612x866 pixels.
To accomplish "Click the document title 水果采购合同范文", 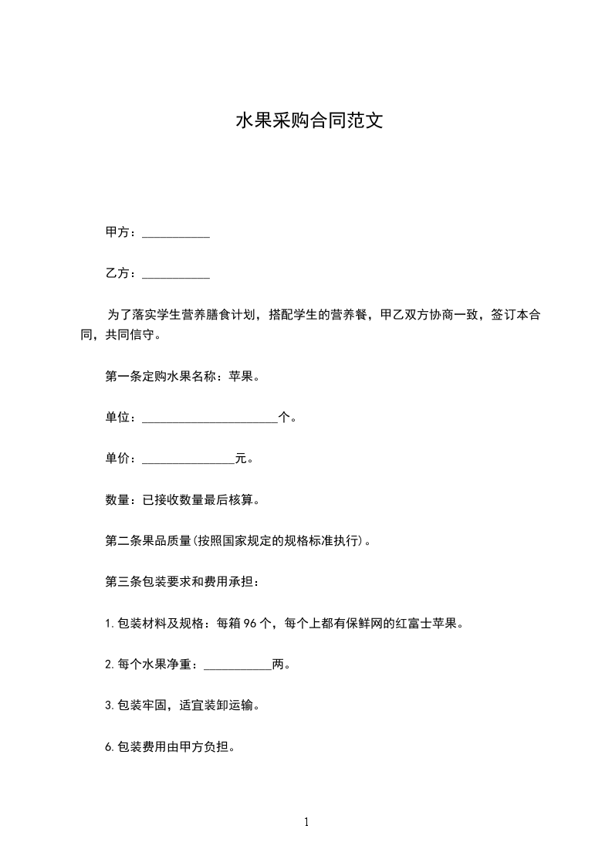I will tap(309, 121).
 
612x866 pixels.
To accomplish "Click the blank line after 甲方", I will tap(176, 234).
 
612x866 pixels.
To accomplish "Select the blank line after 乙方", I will tap(176, 274).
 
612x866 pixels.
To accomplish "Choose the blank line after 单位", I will tap(210, 419).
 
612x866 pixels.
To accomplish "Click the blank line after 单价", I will tap(188, 460).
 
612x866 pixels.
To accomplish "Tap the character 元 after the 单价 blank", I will tap(241, 458).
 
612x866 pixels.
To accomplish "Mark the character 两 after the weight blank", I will tap(279, 664).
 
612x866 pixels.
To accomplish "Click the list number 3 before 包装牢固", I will tap(108, 705).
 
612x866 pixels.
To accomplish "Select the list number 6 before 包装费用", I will tap(108, 746).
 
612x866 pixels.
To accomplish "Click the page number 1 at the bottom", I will tap(306, 823).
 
